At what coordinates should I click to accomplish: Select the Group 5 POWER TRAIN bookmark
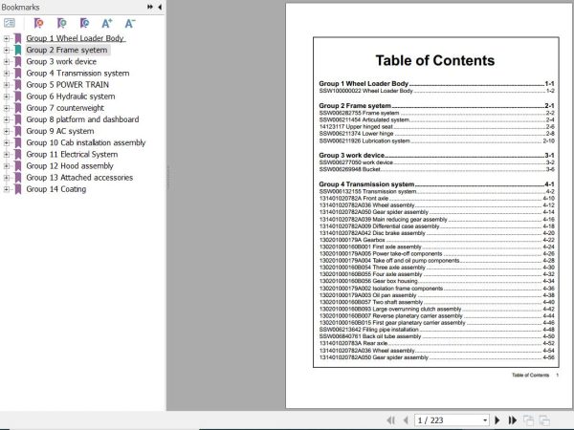[67, 85]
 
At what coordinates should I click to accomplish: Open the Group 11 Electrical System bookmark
[72, 154]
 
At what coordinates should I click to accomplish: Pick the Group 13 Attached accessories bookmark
[79, 178]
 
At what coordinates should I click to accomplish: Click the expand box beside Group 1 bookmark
[7, 39]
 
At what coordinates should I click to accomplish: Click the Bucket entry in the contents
[364, 169]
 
